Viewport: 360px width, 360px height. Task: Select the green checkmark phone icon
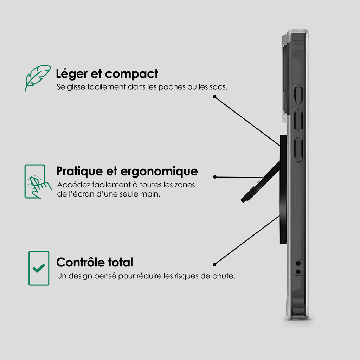pyautogui.click(x=39, y=268)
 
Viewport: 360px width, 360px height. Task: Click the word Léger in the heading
pyautogui.click(x=72, y=74)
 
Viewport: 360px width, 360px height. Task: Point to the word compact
pyautogui.click(x=131, y=74)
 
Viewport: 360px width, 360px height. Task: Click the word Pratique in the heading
pyautogui.click(x=79, y=172)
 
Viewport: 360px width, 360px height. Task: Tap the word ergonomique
pyautogui.click(x=159, y=172)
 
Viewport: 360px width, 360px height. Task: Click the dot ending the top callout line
pyautogui.click(x=214, y=97)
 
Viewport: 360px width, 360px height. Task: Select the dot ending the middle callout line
pyautogui.click(x=215, y=177)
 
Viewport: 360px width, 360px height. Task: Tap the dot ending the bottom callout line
pyautogui.click(x=214, y=265)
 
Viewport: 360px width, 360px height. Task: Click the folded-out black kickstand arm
pyautogui.click(x=261, y=182)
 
